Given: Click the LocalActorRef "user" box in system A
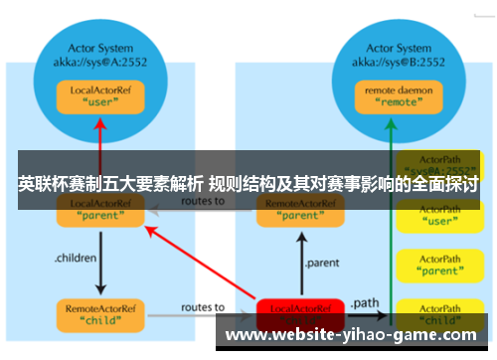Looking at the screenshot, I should tap(98, 96).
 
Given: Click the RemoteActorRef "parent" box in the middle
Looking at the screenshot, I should tap(300, 208).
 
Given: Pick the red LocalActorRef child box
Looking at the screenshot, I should tap(300, 310).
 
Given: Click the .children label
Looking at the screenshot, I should tap(76, 258).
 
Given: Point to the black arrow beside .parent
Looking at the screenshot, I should tap(300, 261).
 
